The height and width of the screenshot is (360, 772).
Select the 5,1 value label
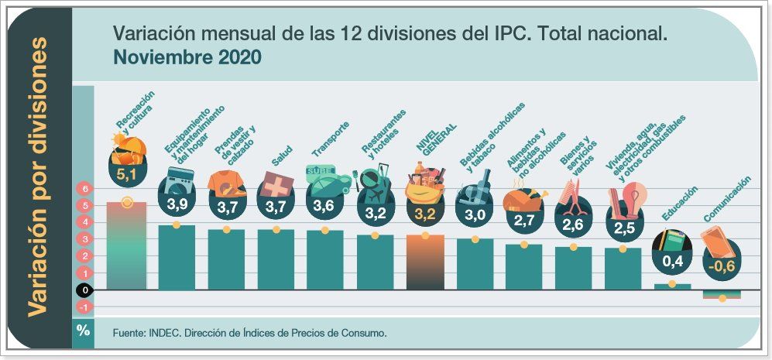click(x=126, y=175)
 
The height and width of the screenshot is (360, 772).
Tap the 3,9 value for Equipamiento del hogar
click(x=177, y=203)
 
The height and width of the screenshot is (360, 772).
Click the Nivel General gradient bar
click(x=424, y=262)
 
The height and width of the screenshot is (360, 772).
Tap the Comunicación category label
click(x=727, y=200)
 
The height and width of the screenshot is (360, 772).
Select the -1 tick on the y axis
click(x=83, y=307)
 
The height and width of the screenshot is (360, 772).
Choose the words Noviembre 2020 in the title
click(x=187, y=57)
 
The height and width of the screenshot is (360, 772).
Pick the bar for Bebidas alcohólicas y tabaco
click(x=475, y=264)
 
